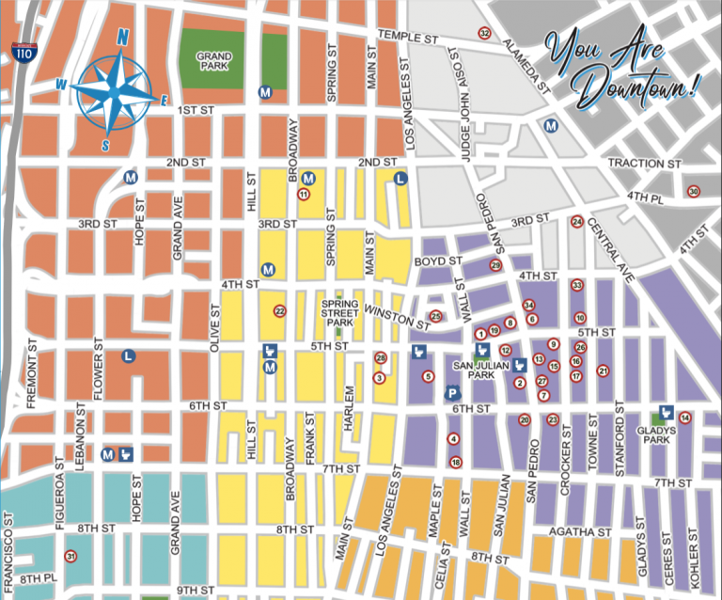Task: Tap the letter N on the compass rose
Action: pyautogui.click(x=122, y=38)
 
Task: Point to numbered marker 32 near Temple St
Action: pyautogui.click(x=484, y=34)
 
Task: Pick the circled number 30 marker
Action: pyautogui.click(x=694, y=192)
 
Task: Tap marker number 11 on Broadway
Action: pyautogui.click(x=303, y=194)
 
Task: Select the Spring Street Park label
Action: pyautogui.click(x=340, y=312)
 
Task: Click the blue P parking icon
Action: pyautogui.click(x=451, y=393)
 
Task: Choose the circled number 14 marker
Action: pyautogui.click(x=685, y=418)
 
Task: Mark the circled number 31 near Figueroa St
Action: pyautogui.click(x=71, y=556)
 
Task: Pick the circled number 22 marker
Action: pyautogui.click(x=279, y=310)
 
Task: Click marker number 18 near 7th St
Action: pyautogui.click(x=456, y=462)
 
